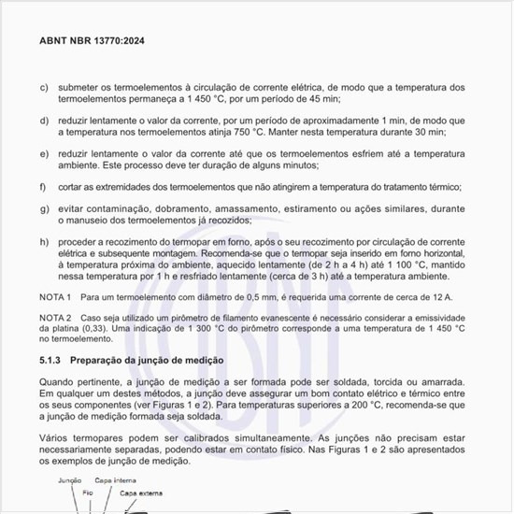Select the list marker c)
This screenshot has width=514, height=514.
[44, 88]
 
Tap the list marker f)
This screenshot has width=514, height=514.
[44, 187]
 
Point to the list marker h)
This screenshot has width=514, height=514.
[44, 243]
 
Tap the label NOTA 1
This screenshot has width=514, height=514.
[56, 297]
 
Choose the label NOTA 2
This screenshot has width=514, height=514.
[56, 319]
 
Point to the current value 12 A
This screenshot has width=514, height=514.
[439, 297]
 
